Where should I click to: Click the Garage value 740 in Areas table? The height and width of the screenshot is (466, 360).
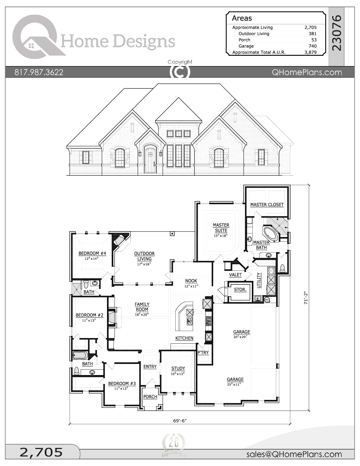[x=312, y=46]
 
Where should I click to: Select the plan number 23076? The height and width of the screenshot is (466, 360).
[x=337, y=33]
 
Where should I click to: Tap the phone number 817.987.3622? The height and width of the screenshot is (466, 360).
[x=39, y=72]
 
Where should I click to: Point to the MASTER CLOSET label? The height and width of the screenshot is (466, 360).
[x=267, y=204]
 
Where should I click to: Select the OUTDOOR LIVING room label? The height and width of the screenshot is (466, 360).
[x=144, y=256]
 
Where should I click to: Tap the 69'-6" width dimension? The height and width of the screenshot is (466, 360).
[x=180, y=421]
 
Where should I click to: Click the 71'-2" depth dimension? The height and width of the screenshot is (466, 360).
[x=306, y=298]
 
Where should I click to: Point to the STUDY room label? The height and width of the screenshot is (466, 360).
[x=178, y=368]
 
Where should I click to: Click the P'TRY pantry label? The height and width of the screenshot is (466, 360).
[x=203, y=352]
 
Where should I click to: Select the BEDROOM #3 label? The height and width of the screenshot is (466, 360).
[x=122, y=384]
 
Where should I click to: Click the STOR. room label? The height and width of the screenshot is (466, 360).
[x=240, y=289]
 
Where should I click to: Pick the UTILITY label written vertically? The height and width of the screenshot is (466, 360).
[x=259, y=280]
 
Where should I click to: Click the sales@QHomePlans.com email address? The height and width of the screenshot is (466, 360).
[x=294, y=454]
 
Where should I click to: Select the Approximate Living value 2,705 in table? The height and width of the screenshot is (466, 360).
[x=310, y=27]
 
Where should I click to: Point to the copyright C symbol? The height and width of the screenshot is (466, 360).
[x=180, y=72]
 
